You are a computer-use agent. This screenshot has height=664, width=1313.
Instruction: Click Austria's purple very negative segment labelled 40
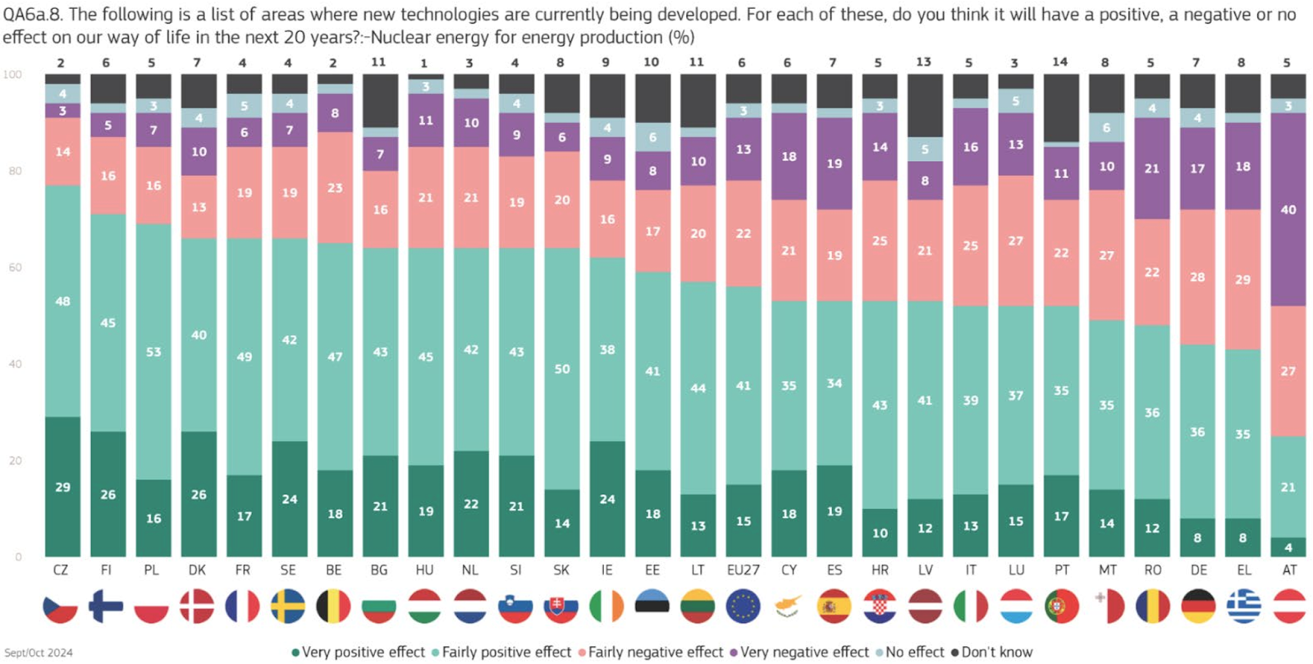(x=1288, y=209)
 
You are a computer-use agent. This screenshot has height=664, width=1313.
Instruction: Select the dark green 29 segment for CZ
(x=62, y=487)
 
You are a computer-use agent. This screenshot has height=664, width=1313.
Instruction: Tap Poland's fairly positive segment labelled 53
(x=153, y=351)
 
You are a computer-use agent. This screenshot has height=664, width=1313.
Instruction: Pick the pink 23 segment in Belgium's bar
(x=335, y=187)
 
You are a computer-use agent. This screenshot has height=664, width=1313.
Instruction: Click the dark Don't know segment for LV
(x=925, y=105)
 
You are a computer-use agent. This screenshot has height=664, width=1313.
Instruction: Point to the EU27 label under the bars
(x=743, y=570)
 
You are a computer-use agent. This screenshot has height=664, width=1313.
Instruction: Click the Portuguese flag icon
(x=1061, y=607)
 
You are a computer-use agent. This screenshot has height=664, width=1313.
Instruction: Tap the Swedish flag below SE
(x=289, y=607)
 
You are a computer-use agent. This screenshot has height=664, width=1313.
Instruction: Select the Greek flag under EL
(x=1243, y=607)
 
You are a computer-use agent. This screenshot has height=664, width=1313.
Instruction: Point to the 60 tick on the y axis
(x=15, y=268)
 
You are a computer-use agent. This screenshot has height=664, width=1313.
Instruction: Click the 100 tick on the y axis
(x=12, y=75)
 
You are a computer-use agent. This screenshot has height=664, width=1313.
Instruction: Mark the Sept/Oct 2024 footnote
(x=38, y=653)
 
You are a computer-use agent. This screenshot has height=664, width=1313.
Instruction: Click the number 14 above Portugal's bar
(x=1060, y=62)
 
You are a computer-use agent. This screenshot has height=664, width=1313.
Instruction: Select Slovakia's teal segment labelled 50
(x=561, y=369)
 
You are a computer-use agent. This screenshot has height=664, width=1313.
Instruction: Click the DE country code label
(x=1197, y=570)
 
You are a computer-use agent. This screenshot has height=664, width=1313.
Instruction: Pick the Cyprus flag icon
(x=788, y=607)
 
